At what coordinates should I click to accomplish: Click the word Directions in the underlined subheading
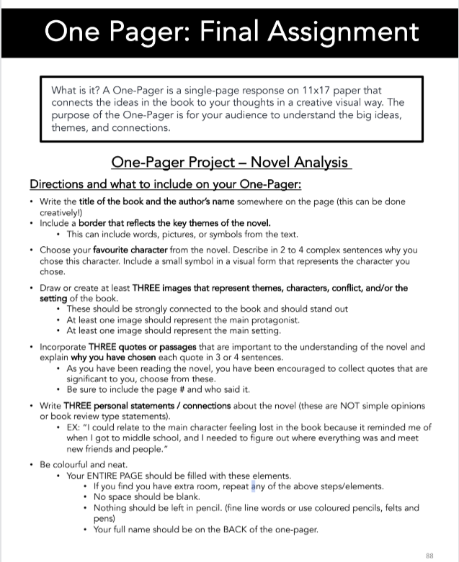pyautogui.click(x=58, y=185)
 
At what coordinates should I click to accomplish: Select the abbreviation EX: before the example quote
pyautogui.click(x=75, y=427)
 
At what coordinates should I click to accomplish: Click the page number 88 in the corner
pyautogui.click(x=430, y=556)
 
